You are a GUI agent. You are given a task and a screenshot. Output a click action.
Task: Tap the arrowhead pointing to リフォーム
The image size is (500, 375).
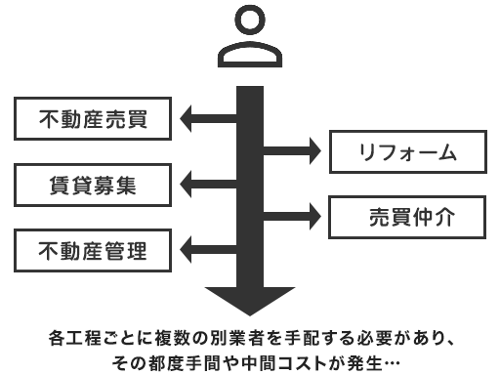click(x=312, y=152)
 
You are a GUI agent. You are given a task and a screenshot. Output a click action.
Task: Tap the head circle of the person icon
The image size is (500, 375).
click(x=251, y=22)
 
